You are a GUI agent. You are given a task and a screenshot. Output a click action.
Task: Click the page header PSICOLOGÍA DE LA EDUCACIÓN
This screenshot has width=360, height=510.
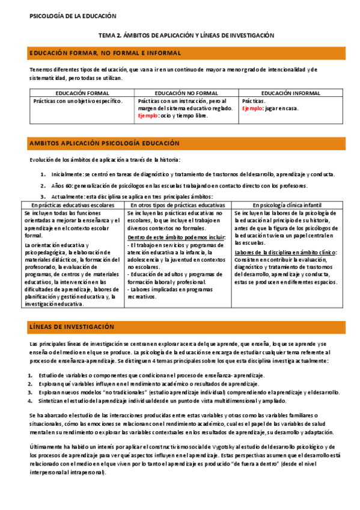[x=73, y=16]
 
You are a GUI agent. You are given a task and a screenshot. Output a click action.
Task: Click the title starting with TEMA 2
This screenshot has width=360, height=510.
[x=186, y=35]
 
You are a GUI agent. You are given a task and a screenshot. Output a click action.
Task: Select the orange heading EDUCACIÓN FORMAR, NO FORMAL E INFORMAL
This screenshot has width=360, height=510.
[x=105, y=54]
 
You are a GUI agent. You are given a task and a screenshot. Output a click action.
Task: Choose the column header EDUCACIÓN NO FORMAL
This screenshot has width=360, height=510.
[x=186, y=93]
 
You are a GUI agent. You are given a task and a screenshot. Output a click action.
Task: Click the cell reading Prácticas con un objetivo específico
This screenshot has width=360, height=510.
[x=78, y=101]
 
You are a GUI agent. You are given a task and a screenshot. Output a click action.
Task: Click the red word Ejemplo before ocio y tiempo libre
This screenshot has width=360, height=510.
[x=147, y=115]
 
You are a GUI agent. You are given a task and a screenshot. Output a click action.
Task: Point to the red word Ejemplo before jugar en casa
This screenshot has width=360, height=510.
[x=251, y=109]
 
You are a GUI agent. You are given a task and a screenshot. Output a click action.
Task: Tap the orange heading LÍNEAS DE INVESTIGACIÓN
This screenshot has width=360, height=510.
[x=72, y=327]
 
